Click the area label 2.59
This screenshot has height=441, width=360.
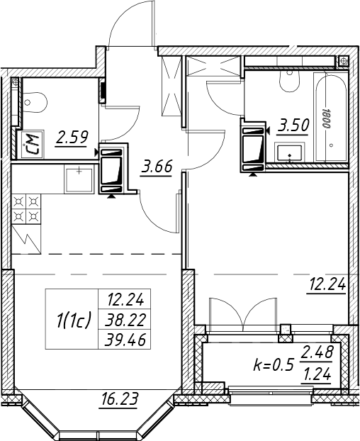pyautogui.click(x=72, y=138)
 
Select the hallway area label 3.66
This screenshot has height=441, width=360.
pyautogui.click(x=157, y=167)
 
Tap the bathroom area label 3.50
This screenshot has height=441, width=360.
pyautogui.click(x=293, y=125)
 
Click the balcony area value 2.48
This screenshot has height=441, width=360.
pyautogui.click(x=317, y=352)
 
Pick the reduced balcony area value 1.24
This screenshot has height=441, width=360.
pyautogui.click(x=317, y=374)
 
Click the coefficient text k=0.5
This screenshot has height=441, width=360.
pyautogui.click(x=274, y=364)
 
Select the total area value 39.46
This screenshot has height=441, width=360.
pyautogui.click(x=125, y=340)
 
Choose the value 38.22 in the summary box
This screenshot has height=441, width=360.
pyautogui.click(x=125, y=320)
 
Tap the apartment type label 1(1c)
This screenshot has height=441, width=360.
pyautogui.click(x=72, y=321)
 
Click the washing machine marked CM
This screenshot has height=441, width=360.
pyautogui.click(x=30, y=143)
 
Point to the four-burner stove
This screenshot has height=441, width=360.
pyautogui.click(x=26, y=209)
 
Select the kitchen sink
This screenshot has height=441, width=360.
pyautogui.click(x=79, y=179)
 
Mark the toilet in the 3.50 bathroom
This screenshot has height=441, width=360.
pyautogui.click(x=289, y=81)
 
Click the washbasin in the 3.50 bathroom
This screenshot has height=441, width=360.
pyautogui.click(x=289, y=153)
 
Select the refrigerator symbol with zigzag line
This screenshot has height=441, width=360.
pyautogui.click(x=26, y=239)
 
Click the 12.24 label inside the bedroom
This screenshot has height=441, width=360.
pyautogui.click(x=327, y=285)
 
